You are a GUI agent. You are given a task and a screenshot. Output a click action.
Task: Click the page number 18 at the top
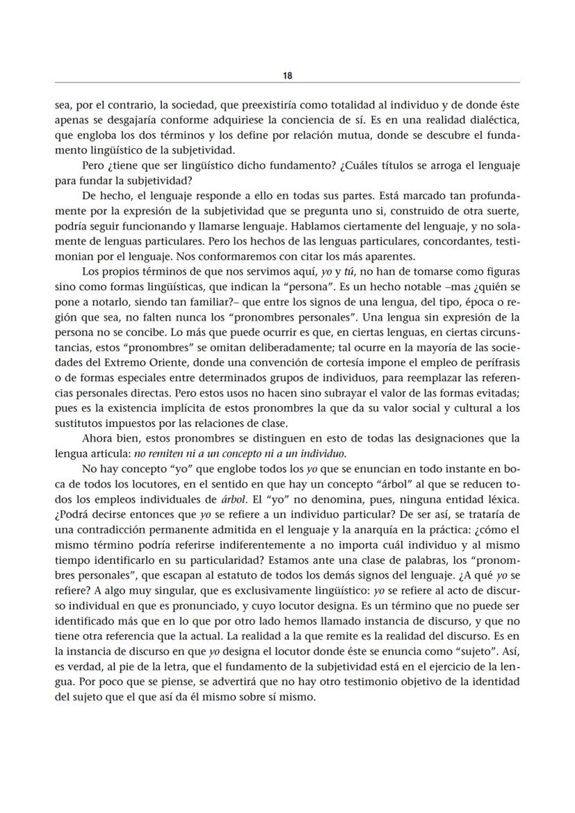(x=287, y=75)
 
